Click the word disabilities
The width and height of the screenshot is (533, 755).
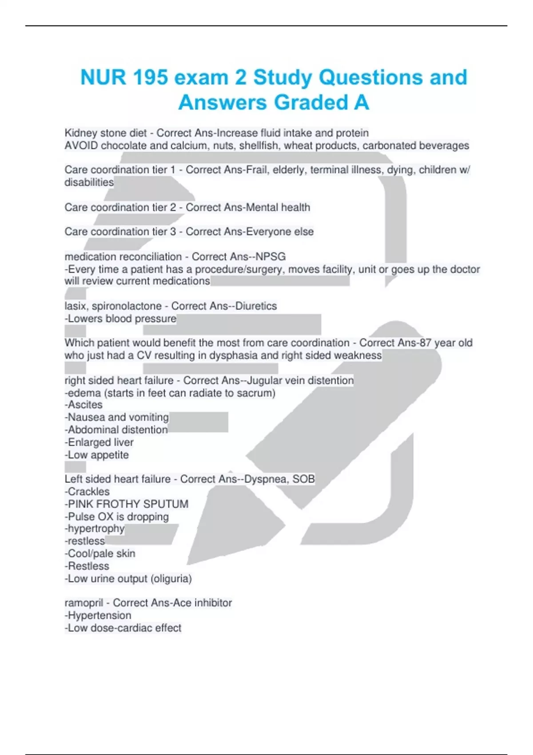[x=89, y=182]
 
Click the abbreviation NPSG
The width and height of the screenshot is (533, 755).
[x=270, y=257]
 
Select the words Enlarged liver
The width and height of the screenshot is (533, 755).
[x=100, y=442]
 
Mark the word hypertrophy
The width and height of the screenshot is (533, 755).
[x=96, y=528]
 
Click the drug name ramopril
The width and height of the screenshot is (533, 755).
[x=84, y=603]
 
